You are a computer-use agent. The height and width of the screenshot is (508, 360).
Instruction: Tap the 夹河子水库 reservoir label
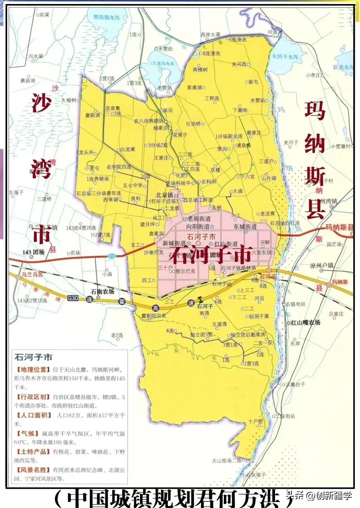click(x=285, y=57)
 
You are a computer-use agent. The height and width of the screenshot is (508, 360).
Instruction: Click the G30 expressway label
click(x=73, y=298)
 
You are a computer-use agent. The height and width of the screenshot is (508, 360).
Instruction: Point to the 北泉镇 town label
click(x=164, y=195)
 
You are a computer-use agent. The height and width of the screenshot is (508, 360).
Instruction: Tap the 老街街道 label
click(x=199, y=219)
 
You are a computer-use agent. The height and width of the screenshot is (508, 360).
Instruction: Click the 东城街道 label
click(x=245, y=226)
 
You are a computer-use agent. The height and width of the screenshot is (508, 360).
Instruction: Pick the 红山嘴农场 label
click(x=305, y=322)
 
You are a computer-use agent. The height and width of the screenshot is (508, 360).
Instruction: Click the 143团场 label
click(x=33, y=252)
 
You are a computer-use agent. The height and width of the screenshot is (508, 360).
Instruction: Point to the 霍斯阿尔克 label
click(x=154, y=316)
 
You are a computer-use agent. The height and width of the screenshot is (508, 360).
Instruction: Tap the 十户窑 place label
click(x=255, y=421)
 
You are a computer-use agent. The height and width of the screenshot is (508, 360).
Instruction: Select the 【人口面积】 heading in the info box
click(x=33, y=415)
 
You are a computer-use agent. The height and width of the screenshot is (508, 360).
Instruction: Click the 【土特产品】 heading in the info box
click(x=33, y=452)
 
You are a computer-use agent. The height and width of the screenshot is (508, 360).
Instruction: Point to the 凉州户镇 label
click(x=322, y=266)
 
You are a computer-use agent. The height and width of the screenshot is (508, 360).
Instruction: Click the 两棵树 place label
click(x=200, y=70)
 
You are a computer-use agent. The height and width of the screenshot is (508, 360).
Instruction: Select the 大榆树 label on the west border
click(x=69, y=100)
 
